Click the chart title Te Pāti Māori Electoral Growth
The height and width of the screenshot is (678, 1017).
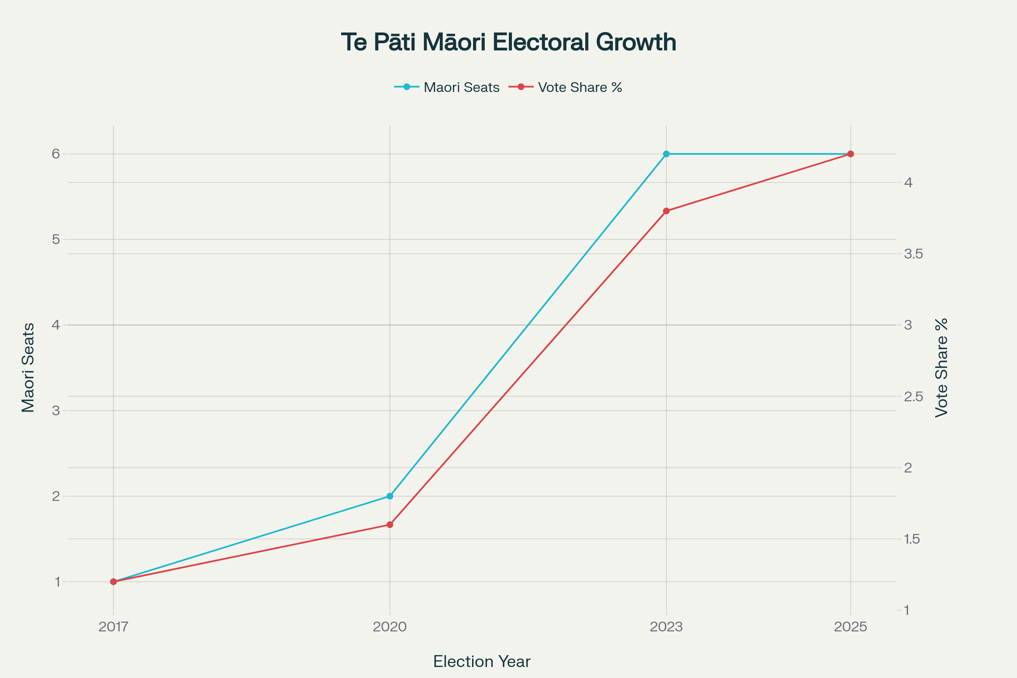(x=508, y=42)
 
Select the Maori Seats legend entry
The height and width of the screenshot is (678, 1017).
(x=461, y=87)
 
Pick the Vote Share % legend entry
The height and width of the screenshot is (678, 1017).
(x=579, y=87)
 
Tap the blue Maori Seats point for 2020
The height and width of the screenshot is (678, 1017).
(x=389, y=496)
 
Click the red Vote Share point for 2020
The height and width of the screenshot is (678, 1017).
(x=389, y=525)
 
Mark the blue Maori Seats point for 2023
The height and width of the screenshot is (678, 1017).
(x=666, y=154)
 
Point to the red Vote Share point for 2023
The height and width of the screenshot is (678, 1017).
(x=666, y=211)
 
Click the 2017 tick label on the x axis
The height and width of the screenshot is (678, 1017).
(x=113, y=627)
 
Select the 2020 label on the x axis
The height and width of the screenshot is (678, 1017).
(x=389, y=627)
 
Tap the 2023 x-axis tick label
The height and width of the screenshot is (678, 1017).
(x=666, y=627)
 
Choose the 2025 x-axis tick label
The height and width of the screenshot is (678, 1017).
(x=850, y=627)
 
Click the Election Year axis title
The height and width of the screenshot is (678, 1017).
(x=482, y=661)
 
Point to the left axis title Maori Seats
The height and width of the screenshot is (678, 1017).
(x=28, y=367)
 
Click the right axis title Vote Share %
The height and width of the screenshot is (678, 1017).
(x=941, y=367)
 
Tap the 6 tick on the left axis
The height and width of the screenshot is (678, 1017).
(x=56, y=154)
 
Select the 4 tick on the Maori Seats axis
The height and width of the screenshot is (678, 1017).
(x=56, y=325)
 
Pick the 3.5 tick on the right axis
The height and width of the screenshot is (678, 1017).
(x=913, y=254)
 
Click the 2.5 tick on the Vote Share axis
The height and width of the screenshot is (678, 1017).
(x=913, y=397)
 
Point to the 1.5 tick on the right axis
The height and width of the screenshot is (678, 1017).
(x=912, y=539)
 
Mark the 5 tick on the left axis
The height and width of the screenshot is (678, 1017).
(x=56, y=239)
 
